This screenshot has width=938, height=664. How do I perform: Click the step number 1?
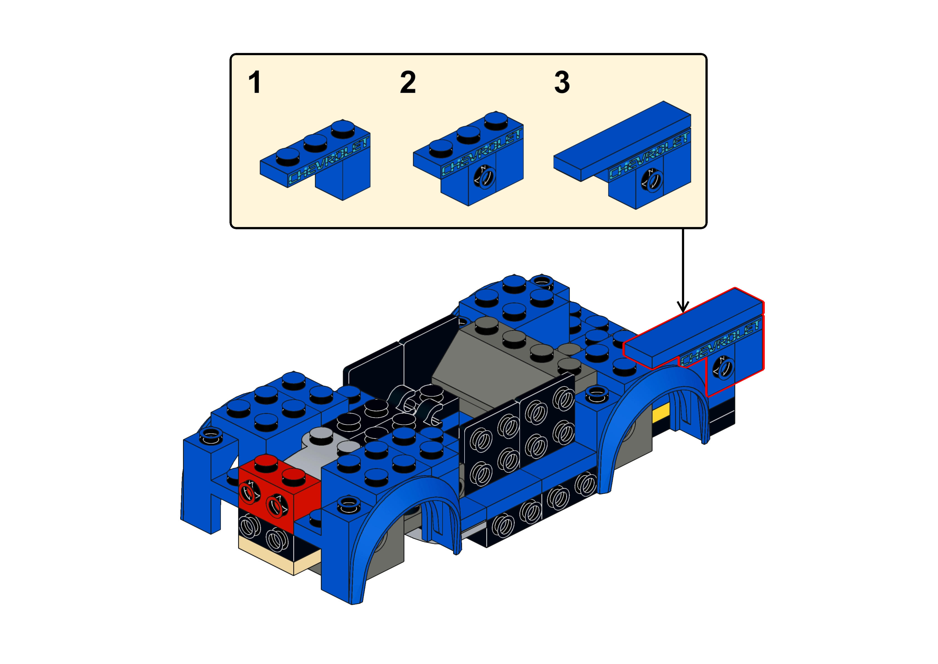tap(255, 83)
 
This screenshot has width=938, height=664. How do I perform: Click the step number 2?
tap(407, 83)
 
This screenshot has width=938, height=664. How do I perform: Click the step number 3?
tap(561, 83)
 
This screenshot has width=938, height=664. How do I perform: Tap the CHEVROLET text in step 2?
tap(482, 152)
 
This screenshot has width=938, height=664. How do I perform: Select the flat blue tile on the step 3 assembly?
tap(621, 139)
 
